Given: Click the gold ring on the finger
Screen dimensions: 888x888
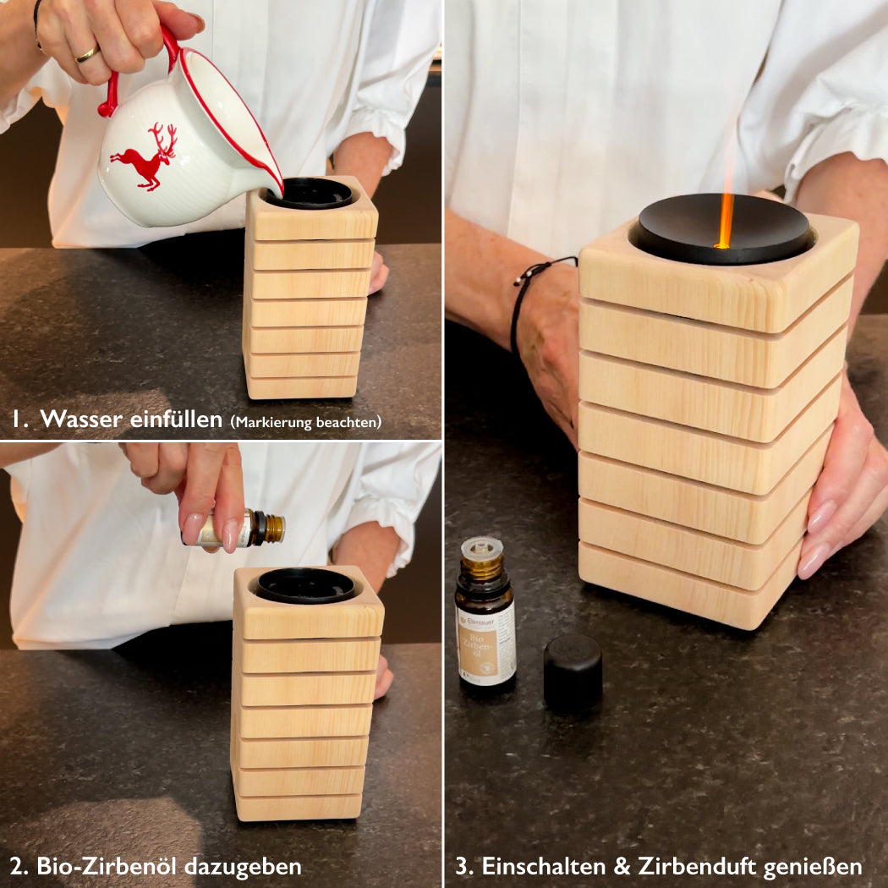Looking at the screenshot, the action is (x=87, y=54).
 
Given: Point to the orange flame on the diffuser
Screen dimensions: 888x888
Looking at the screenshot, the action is (x=724, y=218).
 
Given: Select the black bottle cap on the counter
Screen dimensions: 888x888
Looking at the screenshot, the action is (x=573, y=672).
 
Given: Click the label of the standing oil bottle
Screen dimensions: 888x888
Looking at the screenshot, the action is (x=486, y=644).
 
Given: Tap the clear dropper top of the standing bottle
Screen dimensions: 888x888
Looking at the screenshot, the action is (x=481, y=548).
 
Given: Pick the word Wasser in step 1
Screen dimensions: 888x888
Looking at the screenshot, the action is (x=81, y=419).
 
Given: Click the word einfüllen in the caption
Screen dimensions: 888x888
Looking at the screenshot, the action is (x=176, y=419).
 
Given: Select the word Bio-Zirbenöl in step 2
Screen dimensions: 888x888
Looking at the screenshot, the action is (x=107, y=866).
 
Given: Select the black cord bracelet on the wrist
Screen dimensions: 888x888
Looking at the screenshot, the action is (x=529, y=300).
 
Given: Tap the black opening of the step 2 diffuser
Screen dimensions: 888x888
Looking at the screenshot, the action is (x=305, y=585).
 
